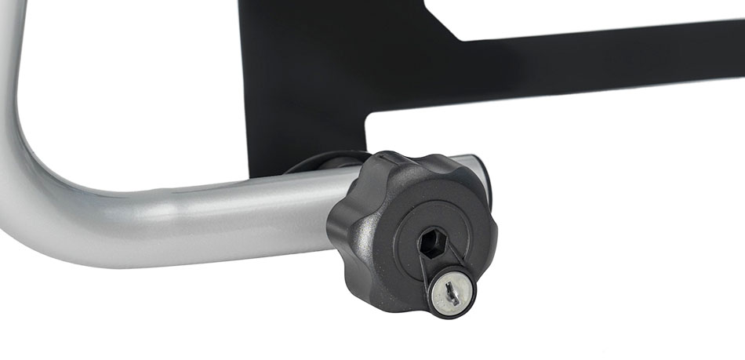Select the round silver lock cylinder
coord(453,293)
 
